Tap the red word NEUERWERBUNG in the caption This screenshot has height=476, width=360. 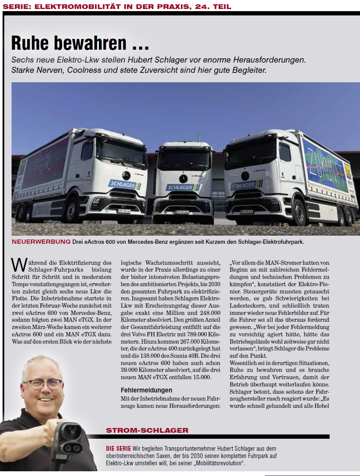(x=41, y=242)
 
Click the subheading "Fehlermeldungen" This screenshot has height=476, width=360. (x=146, y=390)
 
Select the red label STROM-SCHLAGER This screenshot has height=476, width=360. (x=147, y=430)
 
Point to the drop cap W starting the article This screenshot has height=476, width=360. (x=18, y=264)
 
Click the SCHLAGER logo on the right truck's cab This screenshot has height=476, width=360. (x=244, y=186)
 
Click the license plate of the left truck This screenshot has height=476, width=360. (x=124, y=210)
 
